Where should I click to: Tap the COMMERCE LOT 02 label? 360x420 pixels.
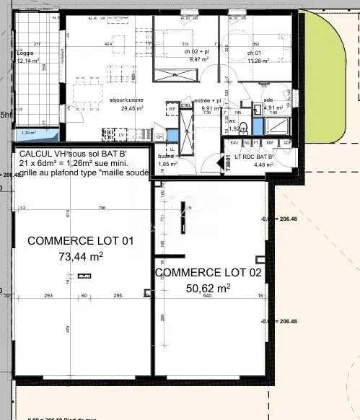tap(208, 273)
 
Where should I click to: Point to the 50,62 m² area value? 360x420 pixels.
tap(208, 287)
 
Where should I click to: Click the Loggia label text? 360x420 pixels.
tap(25, 53)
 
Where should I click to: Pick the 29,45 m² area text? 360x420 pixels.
tap(132, 108)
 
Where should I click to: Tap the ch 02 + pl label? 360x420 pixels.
tap(196, 53)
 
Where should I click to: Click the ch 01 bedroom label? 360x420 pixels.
tap(253, 53)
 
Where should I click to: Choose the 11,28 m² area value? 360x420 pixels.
tap(258, 61)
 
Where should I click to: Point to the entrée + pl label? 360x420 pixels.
tap(207, 101)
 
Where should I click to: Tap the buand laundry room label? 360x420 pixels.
tap(167, 157)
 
